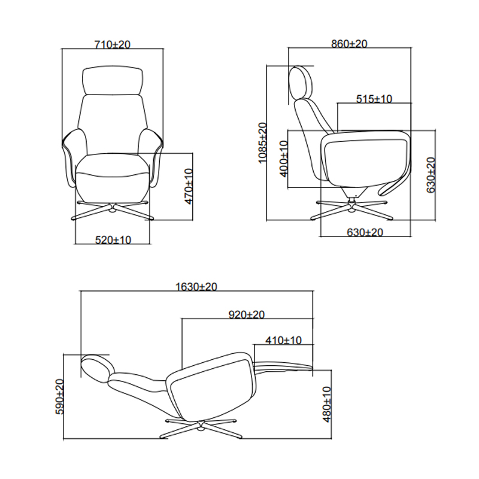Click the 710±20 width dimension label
point(113,44)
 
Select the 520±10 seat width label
point(113,240)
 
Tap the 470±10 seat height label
point(189,186)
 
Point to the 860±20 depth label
point(349,44)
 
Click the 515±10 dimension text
point(374,99)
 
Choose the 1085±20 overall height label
point(262,143)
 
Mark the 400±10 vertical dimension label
point(284,159)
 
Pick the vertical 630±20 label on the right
point(431,175)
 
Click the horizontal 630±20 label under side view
point(365,232)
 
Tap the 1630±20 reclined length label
point(196,287)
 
